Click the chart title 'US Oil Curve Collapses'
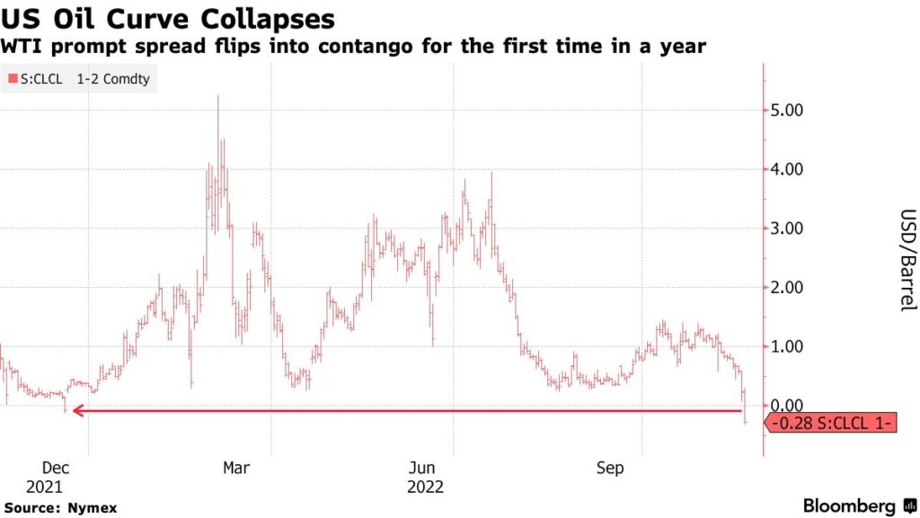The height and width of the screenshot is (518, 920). [168, 19]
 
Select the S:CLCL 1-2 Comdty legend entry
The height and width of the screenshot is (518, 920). [78, 79]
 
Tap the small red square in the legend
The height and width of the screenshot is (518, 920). [12, 79]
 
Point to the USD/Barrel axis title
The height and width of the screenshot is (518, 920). [907, 260]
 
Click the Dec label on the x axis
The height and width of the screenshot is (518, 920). [56, 469]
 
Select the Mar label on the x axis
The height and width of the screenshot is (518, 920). [236, 469]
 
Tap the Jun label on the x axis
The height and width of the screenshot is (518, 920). [422, 469]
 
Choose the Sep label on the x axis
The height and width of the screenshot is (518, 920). [610, 469]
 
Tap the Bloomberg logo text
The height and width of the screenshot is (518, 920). [848, 506]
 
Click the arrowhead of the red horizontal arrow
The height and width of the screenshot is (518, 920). [78, 411]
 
